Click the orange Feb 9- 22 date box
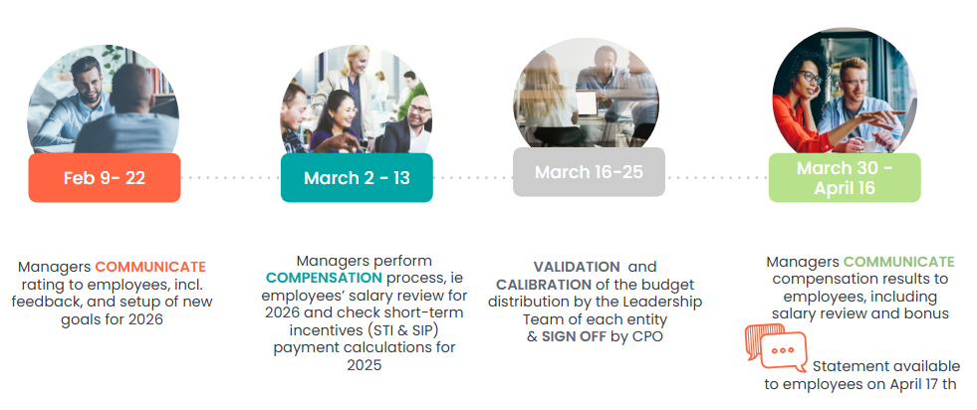point(104,178)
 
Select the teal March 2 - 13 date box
point(357,178)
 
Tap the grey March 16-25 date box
point(589,172)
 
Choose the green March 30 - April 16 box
point(845,178)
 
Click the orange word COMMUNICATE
point(150,267)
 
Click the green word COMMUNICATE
point(898,262)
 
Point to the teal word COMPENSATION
point(324,278)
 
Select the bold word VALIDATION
point(577,267)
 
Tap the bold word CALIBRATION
point(544,285)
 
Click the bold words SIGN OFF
point(574,336)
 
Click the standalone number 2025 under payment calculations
point(365,364)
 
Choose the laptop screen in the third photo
point(587,102)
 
